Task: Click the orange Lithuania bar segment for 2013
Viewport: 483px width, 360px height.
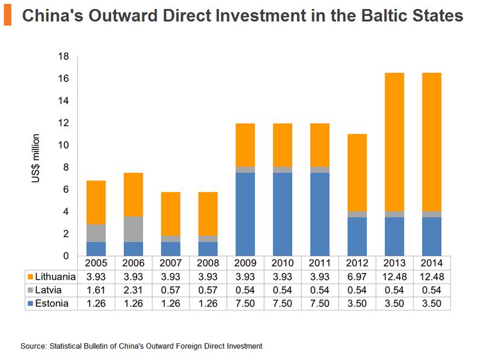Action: pos(395,142)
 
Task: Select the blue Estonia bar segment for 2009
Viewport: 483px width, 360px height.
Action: pos(245,214)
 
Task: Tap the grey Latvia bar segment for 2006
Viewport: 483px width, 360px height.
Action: pos(133,229)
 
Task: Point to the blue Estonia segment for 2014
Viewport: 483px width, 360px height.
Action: pos(432,236)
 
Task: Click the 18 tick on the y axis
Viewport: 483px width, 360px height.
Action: pos(64,57)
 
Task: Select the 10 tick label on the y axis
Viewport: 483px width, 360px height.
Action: pos(64,146)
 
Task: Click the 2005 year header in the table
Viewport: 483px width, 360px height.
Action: pos(96,264)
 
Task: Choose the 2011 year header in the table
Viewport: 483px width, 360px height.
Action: pos(320,264)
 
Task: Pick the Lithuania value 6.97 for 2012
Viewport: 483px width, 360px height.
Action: pos(357,277)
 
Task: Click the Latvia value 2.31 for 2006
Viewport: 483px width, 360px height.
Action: pos(133,289)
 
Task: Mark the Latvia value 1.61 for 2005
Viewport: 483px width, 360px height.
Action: pos(96,289)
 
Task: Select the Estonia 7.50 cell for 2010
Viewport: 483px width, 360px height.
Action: pos(283,302)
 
